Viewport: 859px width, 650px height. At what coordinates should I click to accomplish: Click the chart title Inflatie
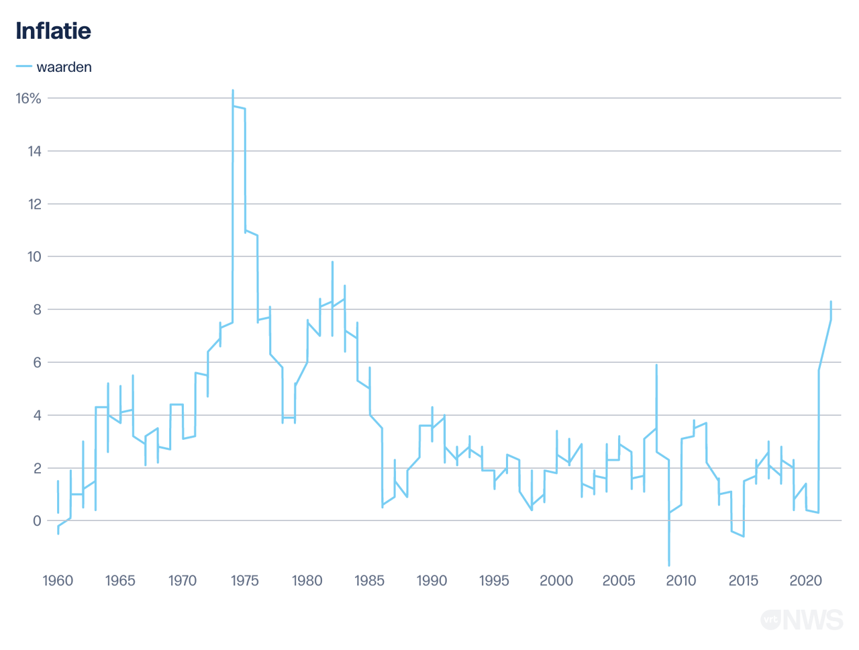click(x=53, y=31)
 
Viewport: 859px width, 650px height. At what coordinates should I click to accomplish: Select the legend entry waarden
click(x=64, y=67)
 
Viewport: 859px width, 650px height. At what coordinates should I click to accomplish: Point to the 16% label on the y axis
click(x=28, y=99)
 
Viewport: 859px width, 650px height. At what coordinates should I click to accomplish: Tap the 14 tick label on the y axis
click(x=34, y=152)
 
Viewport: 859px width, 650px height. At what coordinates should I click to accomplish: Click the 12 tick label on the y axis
click(x=34, y=204)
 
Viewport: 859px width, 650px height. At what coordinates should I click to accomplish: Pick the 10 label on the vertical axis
click(x=34, y=257)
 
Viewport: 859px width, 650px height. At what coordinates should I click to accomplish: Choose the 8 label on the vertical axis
click(x=37, y=310)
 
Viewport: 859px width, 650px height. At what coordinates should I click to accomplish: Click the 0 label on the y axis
click(x=37, y=521)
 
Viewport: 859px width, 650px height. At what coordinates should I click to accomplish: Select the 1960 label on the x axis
click(x=58, y=581)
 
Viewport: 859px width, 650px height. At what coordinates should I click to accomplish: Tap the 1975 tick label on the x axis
click(x=245, y=581)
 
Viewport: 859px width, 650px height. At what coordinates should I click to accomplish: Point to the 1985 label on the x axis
click(x=369, y=581)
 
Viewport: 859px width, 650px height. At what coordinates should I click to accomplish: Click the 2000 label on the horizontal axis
click(x=556, y=581)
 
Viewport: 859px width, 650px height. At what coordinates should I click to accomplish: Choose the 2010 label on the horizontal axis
click(x=681, y=581)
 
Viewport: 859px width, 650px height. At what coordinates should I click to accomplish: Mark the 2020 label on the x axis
click(x=805, y=581)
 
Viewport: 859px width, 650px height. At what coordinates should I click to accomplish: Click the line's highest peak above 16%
click(x=233, y=90)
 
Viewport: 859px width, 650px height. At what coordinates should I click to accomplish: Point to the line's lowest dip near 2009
click(x=669, y=565)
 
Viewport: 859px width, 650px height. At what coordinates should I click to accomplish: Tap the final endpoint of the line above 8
click(x=831, y=301)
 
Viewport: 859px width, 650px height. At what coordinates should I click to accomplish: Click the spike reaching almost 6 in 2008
click(x=656, y=365)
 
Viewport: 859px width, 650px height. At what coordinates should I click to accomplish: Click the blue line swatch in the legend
click(x=24, y=66)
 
